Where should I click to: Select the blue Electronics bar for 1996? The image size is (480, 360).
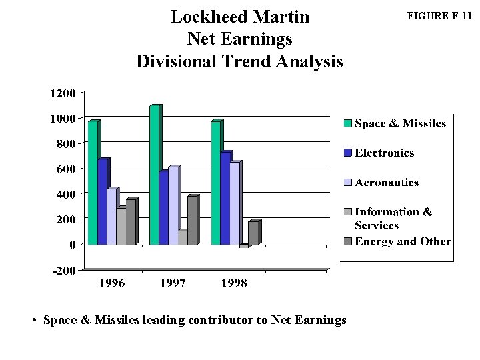click(x=102, y=202)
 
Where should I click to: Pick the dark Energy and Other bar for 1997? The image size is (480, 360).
click(x=192, y=221)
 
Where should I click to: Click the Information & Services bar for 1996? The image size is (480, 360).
click(x=121, y=226)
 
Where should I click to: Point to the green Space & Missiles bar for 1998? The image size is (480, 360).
click(x=215, y=183)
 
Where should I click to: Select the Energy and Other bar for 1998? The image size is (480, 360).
click(x=253, y=233)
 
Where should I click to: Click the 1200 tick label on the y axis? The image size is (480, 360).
click(x=62, y=93)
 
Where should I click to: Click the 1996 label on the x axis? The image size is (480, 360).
click(x=112, y=283)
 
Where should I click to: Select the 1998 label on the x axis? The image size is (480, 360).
click(x=233, y=283)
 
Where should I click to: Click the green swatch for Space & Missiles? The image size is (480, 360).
click(x=347, y=123)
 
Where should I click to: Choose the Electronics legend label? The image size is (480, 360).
click(x=384, y=153)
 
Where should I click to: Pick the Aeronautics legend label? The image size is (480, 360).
click(x=387, y=183)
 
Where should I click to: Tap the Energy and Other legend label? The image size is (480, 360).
click(x=403, y=241)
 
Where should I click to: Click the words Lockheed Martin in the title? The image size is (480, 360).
click(x=240, y=16)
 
